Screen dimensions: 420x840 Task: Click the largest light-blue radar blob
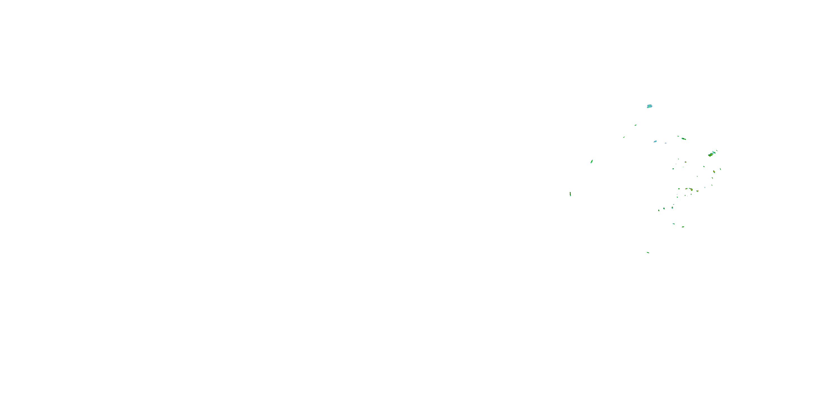tap(649, 106)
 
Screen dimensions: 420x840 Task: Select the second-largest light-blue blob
tap(655, 141)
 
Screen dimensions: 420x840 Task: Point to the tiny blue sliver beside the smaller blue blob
tap(666, 143)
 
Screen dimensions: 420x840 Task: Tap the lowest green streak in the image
tap(648, 252)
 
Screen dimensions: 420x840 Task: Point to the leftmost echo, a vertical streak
tap(570, 194)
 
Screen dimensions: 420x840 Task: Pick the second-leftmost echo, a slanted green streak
tap(592, 161)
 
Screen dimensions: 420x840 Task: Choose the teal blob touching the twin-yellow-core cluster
tap(714, 152)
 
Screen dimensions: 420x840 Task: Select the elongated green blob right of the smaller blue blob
tap(683, 139)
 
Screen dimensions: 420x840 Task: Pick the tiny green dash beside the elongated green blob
tap(678, 136)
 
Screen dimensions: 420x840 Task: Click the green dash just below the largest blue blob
tap(636, 125)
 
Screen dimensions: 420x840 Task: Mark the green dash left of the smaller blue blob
tap(624, 137)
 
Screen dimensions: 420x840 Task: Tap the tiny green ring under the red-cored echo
tap(691, 195)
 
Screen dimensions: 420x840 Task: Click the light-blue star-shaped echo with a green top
tap(672, 207)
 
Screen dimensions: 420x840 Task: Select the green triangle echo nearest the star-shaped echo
tap(664, 208)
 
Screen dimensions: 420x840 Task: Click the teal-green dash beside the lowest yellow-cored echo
tap(673, 224)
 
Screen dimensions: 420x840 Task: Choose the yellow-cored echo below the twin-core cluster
tap(714, 172)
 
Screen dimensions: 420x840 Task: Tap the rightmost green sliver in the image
tap(720, 169)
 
